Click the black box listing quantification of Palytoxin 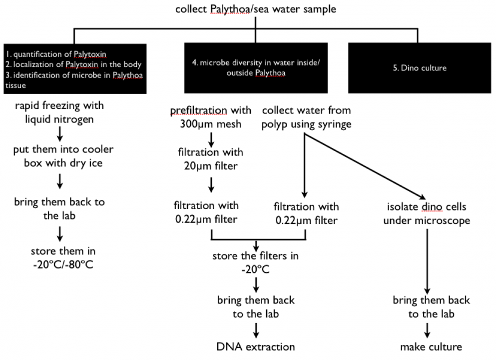pos(74,68)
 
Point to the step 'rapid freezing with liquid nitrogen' pos(59,112)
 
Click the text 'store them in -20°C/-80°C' pos(63,257)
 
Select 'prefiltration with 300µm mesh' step pos(210,116)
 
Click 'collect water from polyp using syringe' pos(306,116)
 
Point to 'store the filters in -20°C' pos(256,263)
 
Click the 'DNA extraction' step pos(256,346)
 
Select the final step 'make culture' pos(431,346)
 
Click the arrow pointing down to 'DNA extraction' pos(256,329)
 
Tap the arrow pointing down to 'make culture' pos(427,329)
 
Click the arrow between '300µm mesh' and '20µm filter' pos(210,137)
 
